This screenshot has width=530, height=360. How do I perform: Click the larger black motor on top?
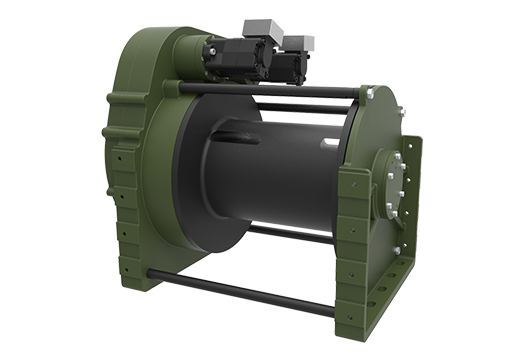click(231, 61)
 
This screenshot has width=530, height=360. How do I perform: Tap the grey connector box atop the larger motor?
click(240, 39)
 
